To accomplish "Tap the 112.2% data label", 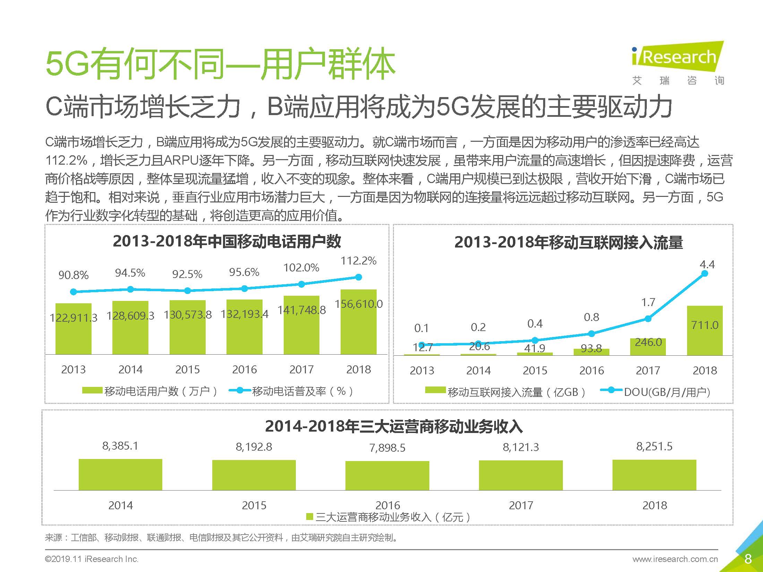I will [x=358, y=261].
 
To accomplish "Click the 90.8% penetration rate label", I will [x=73, y=275].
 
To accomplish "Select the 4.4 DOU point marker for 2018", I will [x=704, y=274].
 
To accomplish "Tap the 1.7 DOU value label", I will [x=648, y=302].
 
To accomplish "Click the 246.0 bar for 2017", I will [x=648, y=347].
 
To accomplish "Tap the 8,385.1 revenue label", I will [x=120, y=446].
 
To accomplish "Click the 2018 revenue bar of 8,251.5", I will [x=654, y=475].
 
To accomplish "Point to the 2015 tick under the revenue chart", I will [x=254, y=505].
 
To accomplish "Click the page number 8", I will [x=748, y=559].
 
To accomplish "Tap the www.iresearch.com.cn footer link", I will [x=675, y=559].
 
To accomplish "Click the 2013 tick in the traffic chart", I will [x=422, y=371].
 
